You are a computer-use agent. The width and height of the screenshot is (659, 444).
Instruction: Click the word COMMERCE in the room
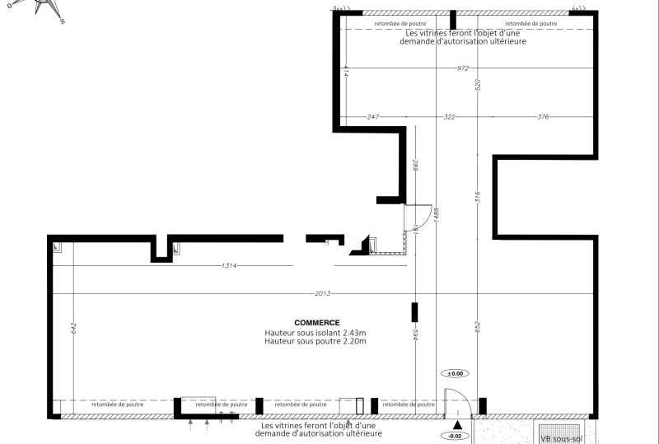click(x=317, y=323)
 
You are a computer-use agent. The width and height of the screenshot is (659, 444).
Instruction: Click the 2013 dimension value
click(x=323, y=293)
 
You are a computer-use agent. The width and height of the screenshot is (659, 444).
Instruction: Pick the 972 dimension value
click(x=465, y=68)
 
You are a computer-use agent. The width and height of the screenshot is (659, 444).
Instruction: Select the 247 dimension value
click(x=372, y=117)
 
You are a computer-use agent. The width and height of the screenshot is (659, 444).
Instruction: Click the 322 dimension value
click(x=449, y=117)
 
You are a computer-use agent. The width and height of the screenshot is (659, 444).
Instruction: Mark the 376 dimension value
click(x=543, y=117)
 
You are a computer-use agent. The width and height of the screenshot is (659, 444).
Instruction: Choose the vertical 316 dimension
click(x=476, y=198)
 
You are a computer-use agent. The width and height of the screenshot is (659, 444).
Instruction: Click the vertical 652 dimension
click(x=476, y=327)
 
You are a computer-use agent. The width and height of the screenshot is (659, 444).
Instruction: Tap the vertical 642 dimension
click(x=74, y=327)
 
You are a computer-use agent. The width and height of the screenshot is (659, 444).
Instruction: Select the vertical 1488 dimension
click(x=436, y=214)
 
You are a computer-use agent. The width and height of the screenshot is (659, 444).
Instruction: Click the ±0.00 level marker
click(x=456, y=373)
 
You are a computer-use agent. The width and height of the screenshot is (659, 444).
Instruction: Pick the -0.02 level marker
click(x=455, y=435)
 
